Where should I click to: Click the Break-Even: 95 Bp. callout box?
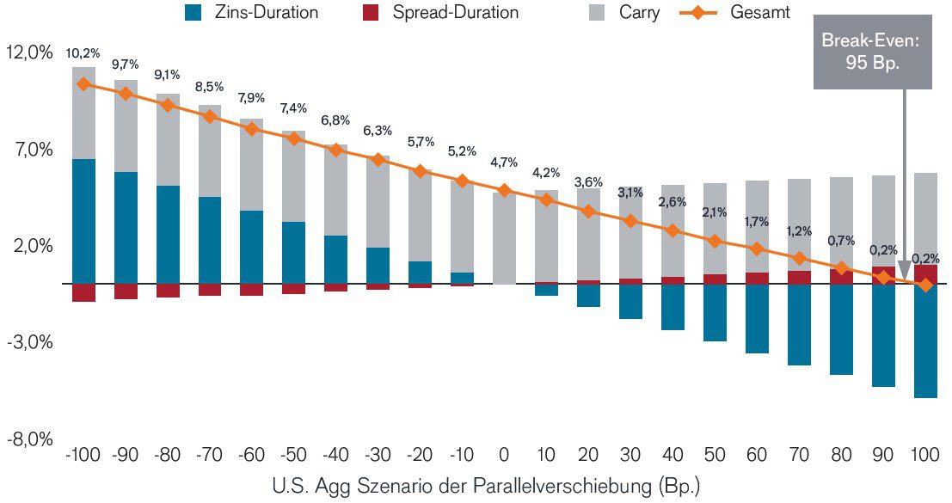click(872, 52)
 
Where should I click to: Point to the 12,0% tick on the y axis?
click(29, 52)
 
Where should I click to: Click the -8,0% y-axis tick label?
click(29, 440)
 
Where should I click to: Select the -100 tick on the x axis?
click(83, 456)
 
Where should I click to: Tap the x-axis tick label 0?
click(504, 456)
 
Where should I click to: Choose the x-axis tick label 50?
click(715, 456)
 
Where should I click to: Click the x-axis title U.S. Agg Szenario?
click(486, 486)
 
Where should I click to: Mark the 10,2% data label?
click(83, 53)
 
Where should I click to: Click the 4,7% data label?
click(504, 163)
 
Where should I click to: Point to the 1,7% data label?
click(757, 221)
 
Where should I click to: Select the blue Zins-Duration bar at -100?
click(83, 221)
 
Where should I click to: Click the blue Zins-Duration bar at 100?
click(925, 340)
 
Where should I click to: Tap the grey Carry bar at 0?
click(504, 237)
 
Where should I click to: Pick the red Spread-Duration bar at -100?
click(83, 292)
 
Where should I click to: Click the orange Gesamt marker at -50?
click(294, 138)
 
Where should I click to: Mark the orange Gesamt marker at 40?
click(673, 230)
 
